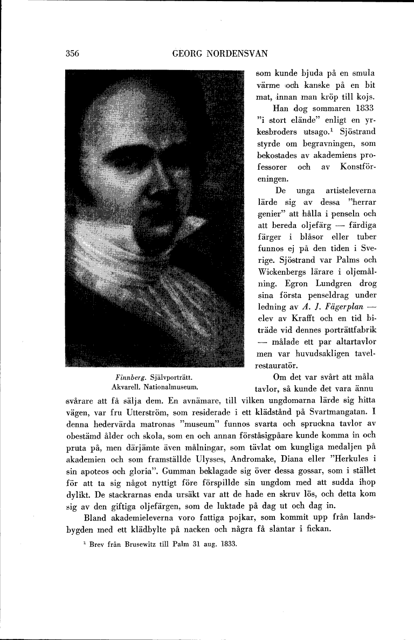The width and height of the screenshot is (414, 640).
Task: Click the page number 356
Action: pos(72,53)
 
